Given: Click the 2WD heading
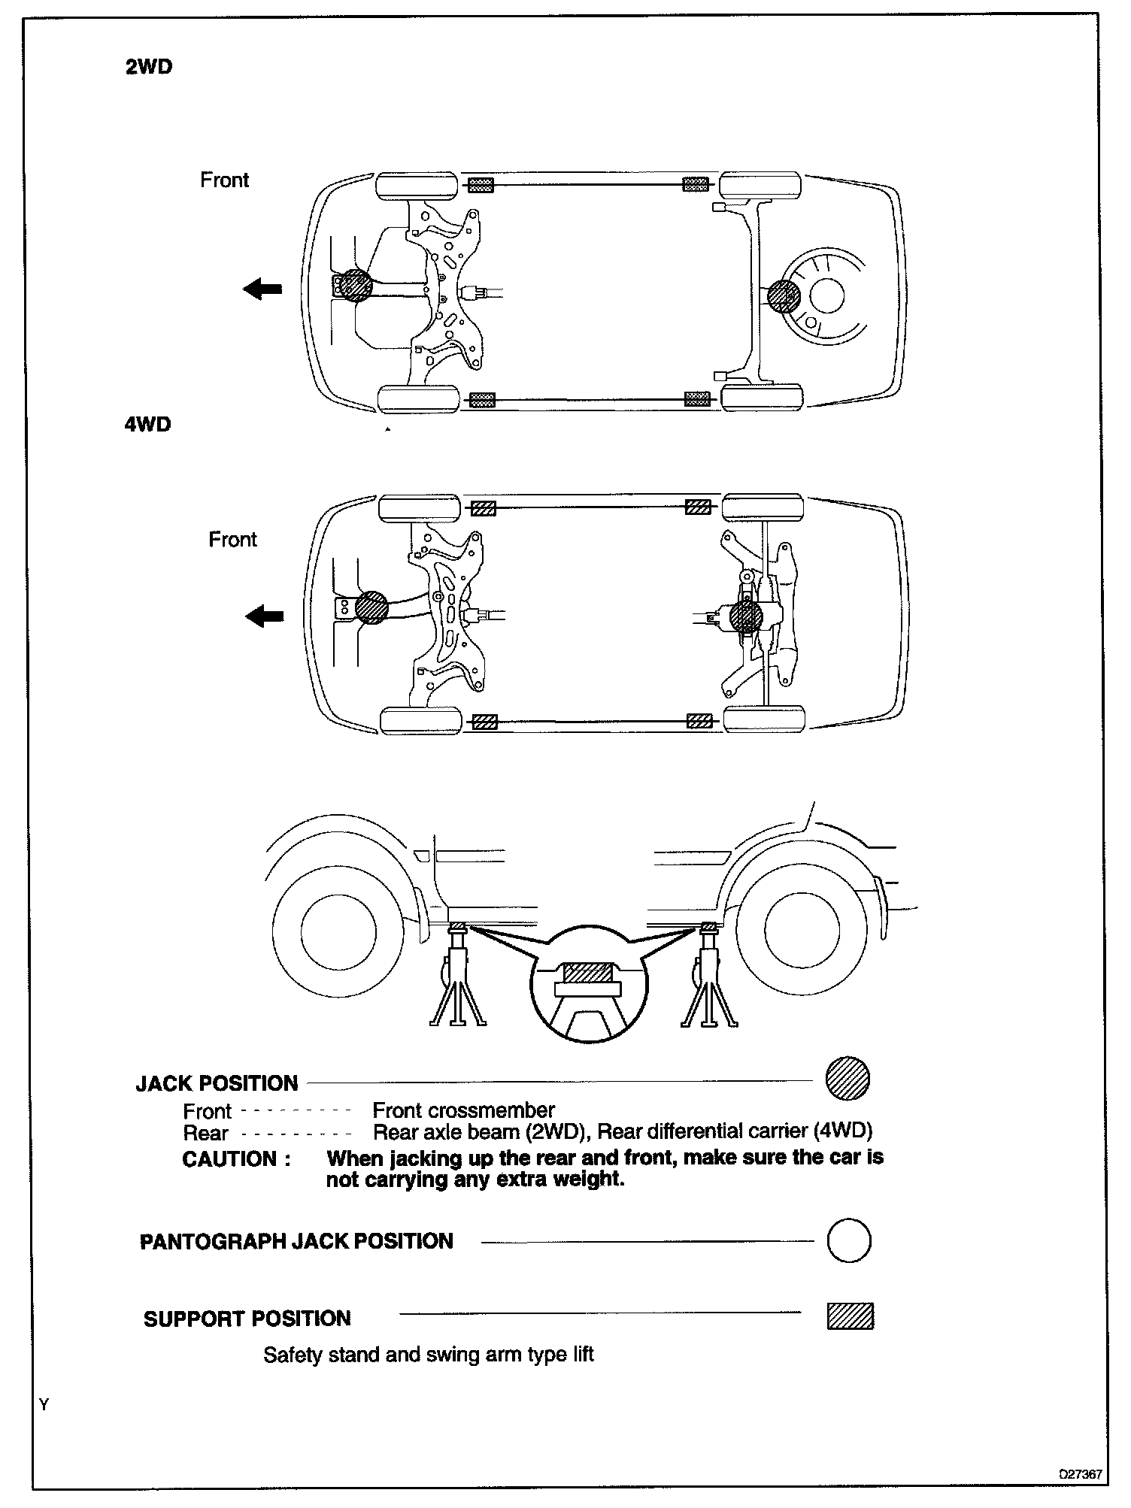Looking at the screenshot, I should [148, 68].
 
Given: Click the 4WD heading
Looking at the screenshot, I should [147, 425].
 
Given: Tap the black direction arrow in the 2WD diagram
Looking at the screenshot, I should [262, 288].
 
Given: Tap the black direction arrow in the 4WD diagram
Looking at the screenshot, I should [265, 616].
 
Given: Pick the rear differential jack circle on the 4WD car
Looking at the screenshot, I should [746, 616].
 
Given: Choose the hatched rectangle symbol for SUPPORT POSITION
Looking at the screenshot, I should [851, 1316].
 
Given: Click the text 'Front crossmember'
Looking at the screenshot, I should [463, 1110].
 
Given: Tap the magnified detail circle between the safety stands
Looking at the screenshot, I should [588, 984].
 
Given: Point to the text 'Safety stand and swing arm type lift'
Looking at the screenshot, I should [429, 1355].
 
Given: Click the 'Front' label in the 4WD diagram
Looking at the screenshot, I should [232, 540].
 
